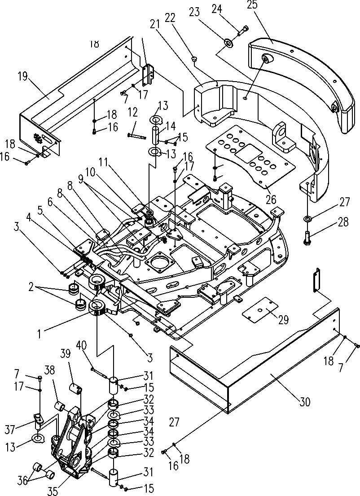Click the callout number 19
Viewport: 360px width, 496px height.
(x=23, y=77)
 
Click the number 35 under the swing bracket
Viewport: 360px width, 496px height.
(x=53, y=491)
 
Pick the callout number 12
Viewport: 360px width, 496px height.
(x=133, y=112)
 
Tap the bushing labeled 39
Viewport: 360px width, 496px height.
(x=76, y=388)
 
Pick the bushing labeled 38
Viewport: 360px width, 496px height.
(x=61, y=406)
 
